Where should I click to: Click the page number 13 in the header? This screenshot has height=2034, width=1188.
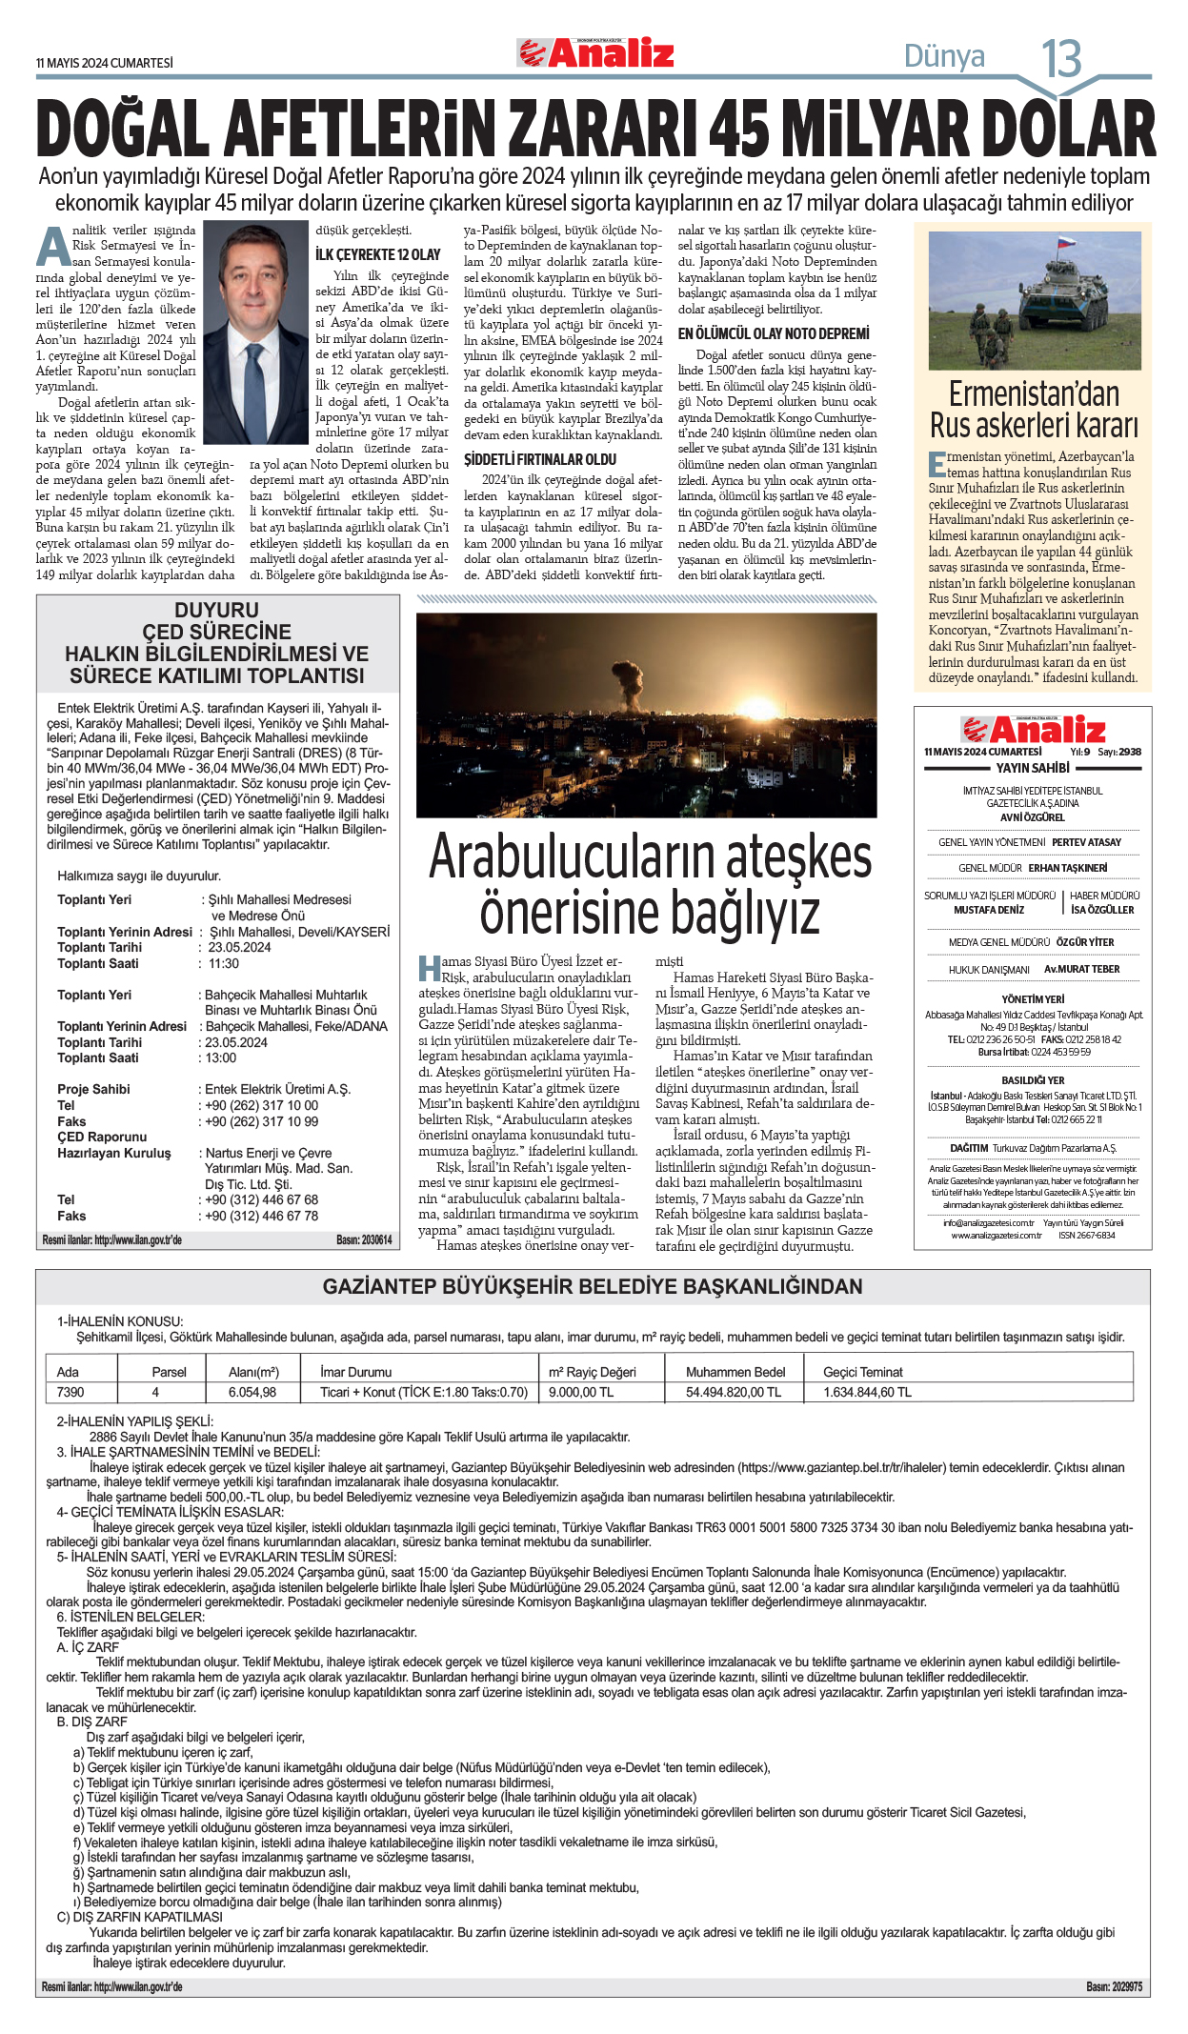pyautogui.click(x=1060, y=59)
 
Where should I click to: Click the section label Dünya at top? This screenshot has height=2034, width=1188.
pyautogui.click(x=944, y=56)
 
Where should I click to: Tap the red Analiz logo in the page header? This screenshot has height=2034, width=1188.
pyautogui.click(x=595, y=53)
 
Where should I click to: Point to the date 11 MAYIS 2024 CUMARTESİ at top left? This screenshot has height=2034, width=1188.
pyautogui.click(x=105, y=63)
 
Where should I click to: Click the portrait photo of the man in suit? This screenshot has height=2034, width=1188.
pyautogui.click(x=255, y=320)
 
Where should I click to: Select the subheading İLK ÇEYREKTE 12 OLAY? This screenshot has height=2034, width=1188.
pyautogui.click(x=378, y=254)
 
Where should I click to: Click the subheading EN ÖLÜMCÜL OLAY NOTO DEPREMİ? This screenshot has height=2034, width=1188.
pyautogui.click(x=774, y=333)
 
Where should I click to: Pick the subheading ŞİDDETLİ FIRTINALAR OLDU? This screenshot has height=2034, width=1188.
pyautogui.click(x=540, y=459)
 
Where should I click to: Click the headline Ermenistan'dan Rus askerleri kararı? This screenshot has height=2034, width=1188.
pyautogui.click(x=1034, y=409)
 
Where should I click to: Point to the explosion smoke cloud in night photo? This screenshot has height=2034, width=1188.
pyautogui.click(x=629, y=677)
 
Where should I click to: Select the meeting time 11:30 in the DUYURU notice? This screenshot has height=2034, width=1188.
pyautogui.click(x=224, y=963)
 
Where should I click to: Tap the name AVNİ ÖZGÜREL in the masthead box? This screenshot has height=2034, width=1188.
pyautogui.click(x=1033, y=817)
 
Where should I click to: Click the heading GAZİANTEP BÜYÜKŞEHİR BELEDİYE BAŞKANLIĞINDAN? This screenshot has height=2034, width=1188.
pyautogui.click(x=593, y=1286)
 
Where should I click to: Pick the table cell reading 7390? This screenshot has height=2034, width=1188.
pyautogui.click(x=70, y=1392)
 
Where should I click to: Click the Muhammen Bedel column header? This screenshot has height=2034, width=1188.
pyautogui.click(x=735, y=1372)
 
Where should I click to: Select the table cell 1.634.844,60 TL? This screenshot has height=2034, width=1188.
pyautogui.click(x=867, y=1392)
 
